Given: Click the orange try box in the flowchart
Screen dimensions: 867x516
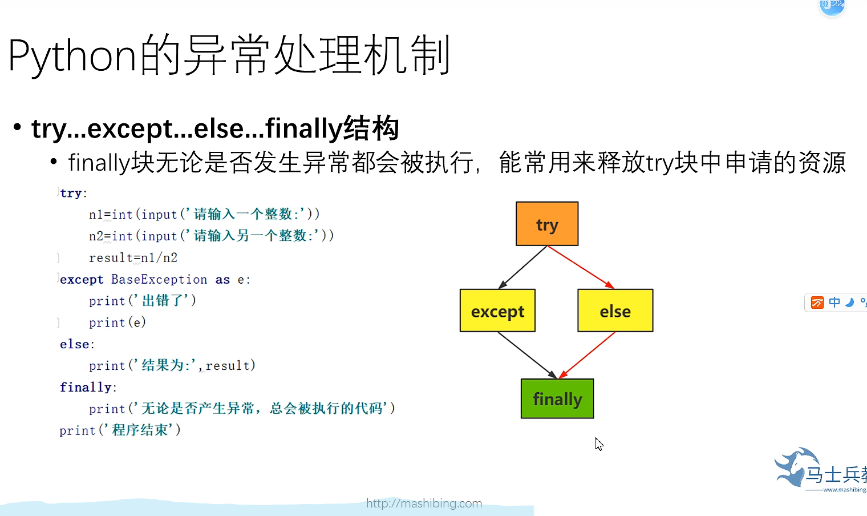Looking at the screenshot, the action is pyautogui.click(x=547, y=224).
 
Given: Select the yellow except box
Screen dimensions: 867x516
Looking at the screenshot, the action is pyautogui.click(x=497, y=311).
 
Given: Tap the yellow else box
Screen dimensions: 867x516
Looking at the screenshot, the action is pyautogui.click(x=615, y=311).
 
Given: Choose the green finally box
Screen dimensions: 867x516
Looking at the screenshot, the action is pyautogui.click(x=557, y=398).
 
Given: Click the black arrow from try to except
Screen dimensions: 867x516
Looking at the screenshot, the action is pyautogui.click(x=522, y=267).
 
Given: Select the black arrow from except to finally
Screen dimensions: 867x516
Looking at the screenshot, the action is pyautogui.click(x=527, y=354).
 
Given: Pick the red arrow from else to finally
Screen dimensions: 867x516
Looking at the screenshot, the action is pyautogui.click(x=587, y=355).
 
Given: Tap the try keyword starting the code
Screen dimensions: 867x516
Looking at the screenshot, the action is pyautogui.click(x=71, y=193).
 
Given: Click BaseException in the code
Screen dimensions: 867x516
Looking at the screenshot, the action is pyautogui.click(x=159, y=280).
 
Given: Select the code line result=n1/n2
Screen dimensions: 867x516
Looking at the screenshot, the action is pyautogui.click(x=133, y=258).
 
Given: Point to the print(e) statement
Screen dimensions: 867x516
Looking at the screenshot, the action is pyautogui.click(x=117, y=322).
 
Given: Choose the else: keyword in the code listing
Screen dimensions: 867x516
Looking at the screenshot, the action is pyautogui.click(x=76, y=344).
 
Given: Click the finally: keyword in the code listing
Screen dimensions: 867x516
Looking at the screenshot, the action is pyautogui.click(x=88, y=388).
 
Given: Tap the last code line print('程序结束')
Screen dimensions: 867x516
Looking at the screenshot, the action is pyautogui.click(x=120, y=430).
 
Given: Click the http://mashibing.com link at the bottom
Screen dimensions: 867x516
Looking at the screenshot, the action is pyautogui.click(x=424, y=503).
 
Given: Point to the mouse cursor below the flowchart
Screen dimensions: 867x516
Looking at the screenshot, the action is pyautogui.click(x=598, y=444).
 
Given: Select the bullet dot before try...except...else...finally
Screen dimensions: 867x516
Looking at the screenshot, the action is pyautogui.click(x=18, y=127).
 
